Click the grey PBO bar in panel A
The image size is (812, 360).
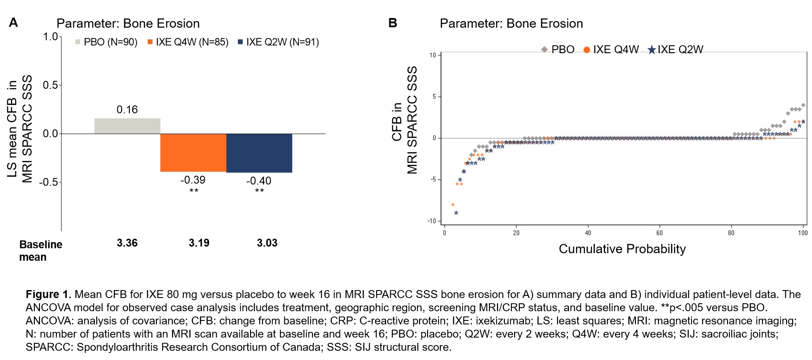tap(127, 126)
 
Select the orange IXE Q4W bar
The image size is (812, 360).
tap(193, 153)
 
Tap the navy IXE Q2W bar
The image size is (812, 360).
tap(259, 153)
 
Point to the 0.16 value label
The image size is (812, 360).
tap(127, 109)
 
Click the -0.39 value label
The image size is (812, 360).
tap(193, 180)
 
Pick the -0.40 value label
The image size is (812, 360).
tap(259, 181)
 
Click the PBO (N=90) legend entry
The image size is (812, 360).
tap(106, 42)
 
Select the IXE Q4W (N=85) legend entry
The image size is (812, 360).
tap(188, 42)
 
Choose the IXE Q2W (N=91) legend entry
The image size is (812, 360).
tap(278, 42)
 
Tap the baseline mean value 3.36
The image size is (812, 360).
tap(127, 243)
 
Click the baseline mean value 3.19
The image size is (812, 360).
tap(199, 243)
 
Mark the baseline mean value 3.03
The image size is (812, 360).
tap(267, 243)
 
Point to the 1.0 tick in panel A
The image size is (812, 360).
tap(50, 36)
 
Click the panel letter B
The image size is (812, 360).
tap(393, 23)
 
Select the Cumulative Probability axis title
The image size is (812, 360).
tap(622, 249)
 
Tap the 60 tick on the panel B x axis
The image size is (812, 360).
tap(660, 233)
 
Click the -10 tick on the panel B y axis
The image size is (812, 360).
tap(431, 221)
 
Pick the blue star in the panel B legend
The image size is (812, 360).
tap(652, 50)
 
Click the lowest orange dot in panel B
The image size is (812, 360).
tap(453, 205)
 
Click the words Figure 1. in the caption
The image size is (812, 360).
tap(48, 295)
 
